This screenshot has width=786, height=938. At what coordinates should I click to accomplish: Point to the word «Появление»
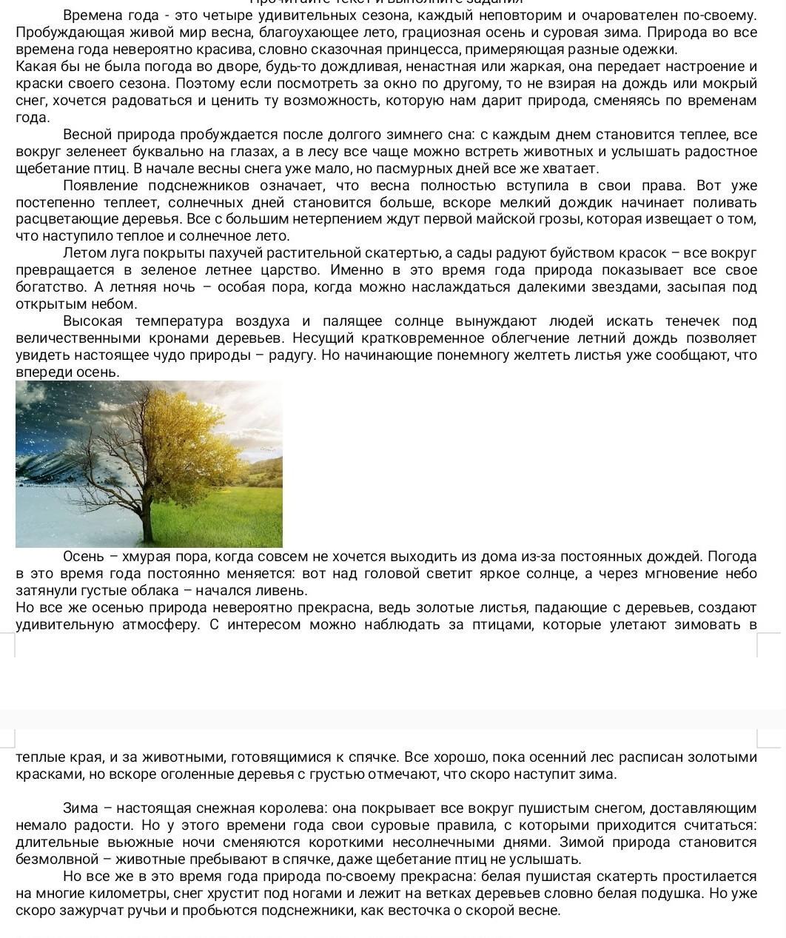101,186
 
